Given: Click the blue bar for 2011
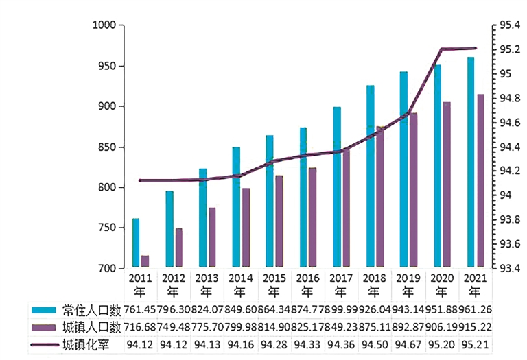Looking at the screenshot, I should coord(136,243).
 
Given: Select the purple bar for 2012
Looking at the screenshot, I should coord(178,248).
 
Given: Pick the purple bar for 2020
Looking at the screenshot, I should coord(447,184).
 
